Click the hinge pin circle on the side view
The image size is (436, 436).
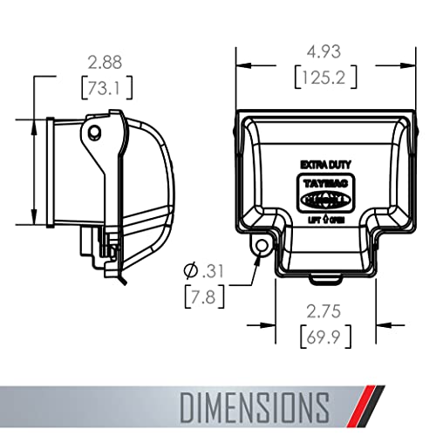click(x=96, y=131)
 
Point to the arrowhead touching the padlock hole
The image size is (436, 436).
click(x=254, y=256)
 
